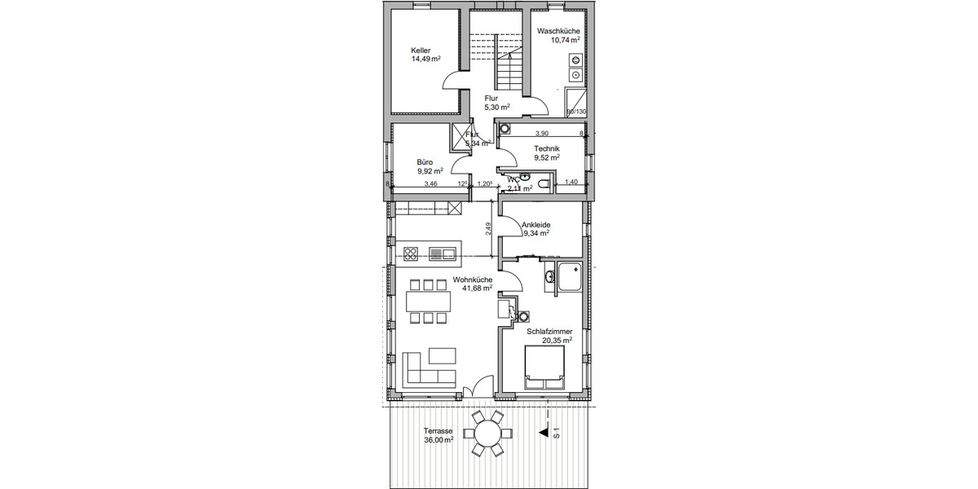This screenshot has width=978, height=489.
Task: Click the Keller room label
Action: (421, 50)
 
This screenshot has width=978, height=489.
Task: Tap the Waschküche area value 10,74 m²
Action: (565, 40)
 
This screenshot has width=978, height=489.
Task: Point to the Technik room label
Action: (548, 148)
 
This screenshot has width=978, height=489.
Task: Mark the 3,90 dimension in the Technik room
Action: (541, 134)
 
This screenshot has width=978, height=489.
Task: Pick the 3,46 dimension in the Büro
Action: (430, 185)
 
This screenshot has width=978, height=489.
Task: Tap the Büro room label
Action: (424, 161)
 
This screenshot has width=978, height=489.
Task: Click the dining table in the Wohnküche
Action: (429, 302)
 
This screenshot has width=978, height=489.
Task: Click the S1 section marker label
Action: (557, 434)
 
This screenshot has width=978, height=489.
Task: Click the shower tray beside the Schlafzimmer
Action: (569, 277)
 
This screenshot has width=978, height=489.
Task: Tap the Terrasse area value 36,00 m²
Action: (438, 440)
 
